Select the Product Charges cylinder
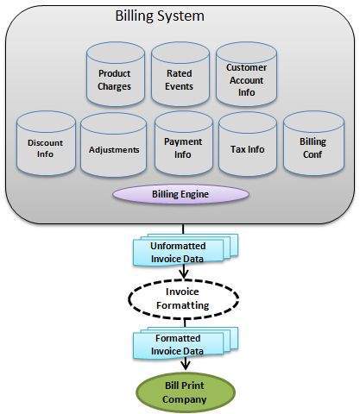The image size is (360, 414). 115,80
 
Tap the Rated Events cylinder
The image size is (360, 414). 180,80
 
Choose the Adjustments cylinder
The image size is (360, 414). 114,148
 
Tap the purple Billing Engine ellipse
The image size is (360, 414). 180,195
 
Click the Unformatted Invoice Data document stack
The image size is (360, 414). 182,249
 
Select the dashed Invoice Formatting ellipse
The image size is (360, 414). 181,298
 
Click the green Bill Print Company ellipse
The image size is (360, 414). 182,392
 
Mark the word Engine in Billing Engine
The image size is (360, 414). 198,195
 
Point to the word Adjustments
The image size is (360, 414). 114,149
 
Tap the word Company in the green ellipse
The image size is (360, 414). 182,399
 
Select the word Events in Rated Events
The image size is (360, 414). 180,86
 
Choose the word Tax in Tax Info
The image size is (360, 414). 238,148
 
